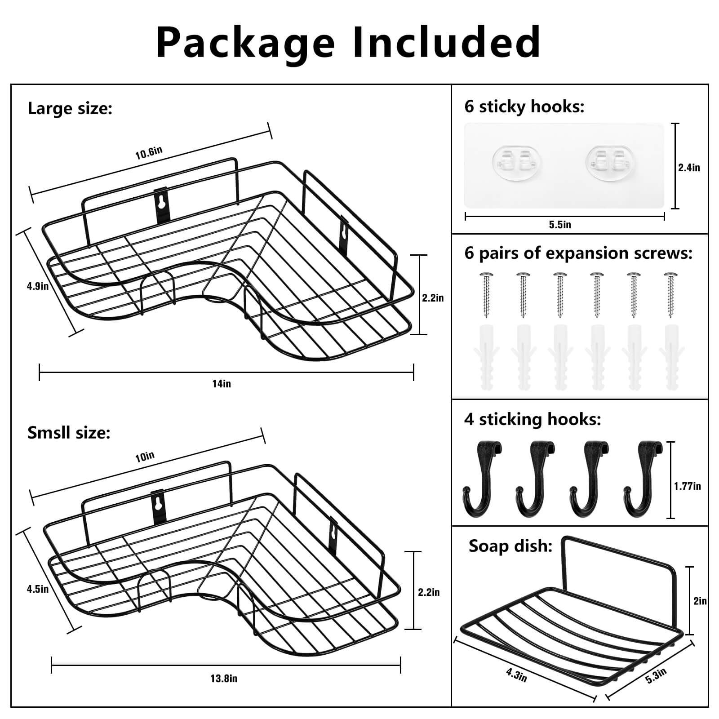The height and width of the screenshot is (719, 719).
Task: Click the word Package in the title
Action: pos(245,43)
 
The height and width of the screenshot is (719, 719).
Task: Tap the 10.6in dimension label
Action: pos(149,153)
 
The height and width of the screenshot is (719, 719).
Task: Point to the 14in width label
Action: pos(221,383)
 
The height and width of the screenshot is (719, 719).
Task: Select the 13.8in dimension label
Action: pos(224,679)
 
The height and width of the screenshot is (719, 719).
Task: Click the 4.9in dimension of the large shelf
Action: pos(38,286)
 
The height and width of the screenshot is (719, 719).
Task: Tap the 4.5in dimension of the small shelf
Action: pos(38,588)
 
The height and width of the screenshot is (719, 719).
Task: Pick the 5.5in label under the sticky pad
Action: pos(560,225)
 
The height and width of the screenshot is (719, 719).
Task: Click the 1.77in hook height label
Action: pos(687,486)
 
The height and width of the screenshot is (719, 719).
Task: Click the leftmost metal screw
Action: pos(486,294)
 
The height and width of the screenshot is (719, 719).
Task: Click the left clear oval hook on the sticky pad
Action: pos(517,161)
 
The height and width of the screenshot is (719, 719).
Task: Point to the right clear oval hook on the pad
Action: pos(610,161)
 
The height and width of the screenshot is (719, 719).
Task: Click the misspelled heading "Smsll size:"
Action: pos(69,433)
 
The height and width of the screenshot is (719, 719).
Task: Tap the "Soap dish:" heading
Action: pos(510,546)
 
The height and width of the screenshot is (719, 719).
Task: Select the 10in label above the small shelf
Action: pos(145,457)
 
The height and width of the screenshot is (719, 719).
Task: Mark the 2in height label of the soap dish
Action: pos(700,601)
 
